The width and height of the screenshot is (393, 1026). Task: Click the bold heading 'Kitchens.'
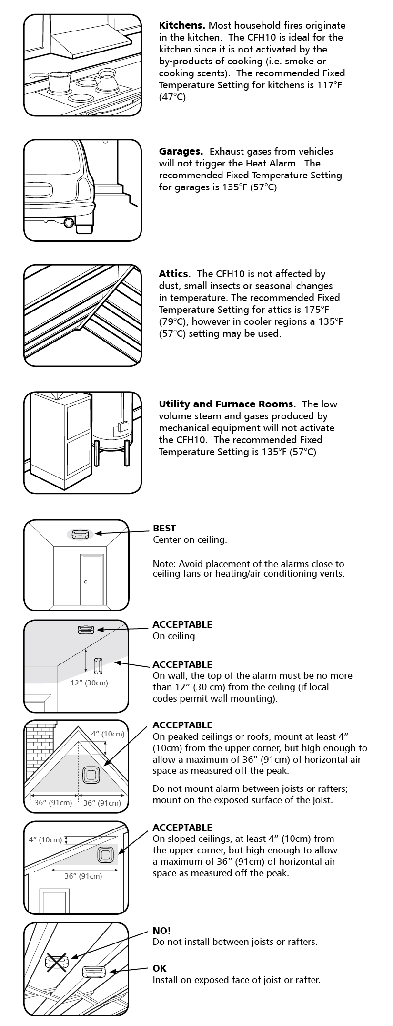pyautogui.click(x=181, y=25)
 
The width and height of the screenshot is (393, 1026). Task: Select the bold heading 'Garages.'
pyautogui.click(x=181, y=151)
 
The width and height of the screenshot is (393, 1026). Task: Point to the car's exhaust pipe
pyautogui.click(x=69, y=222)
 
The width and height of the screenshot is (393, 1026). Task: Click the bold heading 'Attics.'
pyautogui.click(x=174, y=274)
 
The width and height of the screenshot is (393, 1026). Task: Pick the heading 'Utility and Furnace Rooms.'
pyautogui.click(x=227, y=404)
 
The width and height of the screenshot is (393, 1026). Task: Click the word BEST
pyautogui.click(x=164, y=528)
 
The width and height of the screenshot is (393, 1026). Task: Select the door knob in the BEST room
pyautogui.click(x=86, y=582)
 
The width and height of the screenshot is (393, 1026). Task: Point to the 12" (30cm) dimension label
pyautogui.click(x=89, y=683)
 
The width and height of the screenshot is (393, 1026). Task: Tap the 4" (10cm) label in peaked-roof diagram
pyautogui.click(x=108, y=734)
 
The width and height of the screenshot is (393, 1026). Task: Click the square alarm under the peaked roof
pyautogui.click(x=90, y=774)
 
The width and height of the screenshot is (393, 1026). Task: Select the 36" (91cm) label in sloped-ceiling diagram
pyautogui.click(x=83, y=876)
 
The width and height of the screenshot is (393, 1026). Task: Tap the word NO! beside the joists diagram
pyautogui.click(x=161, y=930)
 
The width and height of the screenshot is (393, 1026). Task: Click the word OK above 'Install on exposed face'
pyautogui.click(x=160, y=968)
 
